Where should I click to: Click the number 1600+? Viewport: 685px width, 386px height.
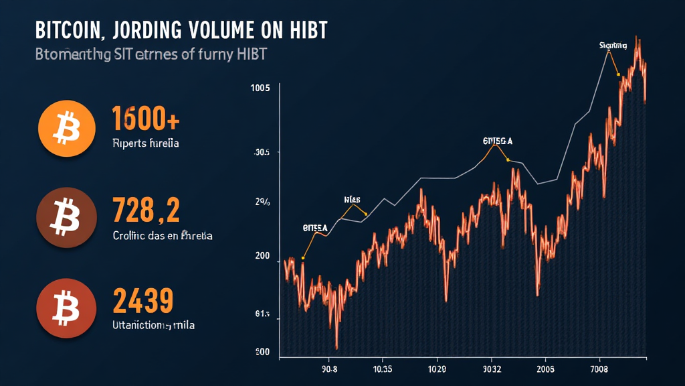(145, 119)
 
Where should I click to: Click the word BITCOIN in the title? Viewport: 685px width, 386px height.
(70, 31)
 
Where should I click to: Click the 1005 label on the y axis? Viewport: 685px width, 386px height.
(260, 88)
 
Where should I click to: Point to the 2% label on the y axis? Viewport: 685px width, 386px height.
(262, 201)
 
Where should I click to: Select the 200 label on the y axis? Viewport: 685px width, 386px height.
(261, 256)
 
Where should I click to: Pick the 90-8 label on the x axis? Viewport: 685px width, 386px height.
(330, 368)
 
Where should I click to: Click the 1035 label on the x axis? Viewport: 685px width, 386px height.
(383, 368)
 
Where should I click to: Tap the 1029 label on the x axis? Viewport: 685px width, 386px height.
(437, 368)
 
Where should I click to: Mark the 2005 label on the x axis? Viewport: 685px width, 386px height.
(545, 368)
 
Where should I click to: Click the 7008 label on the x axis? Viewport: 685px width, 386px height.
(599, 368)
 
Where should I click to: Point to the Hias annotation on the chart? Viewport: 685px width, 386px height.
(352, 199)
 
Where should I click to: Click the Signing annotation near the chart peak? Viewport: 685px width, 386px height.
(613, 46)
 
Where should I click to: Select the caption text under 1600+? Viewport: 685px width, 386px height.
(145, 143)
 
